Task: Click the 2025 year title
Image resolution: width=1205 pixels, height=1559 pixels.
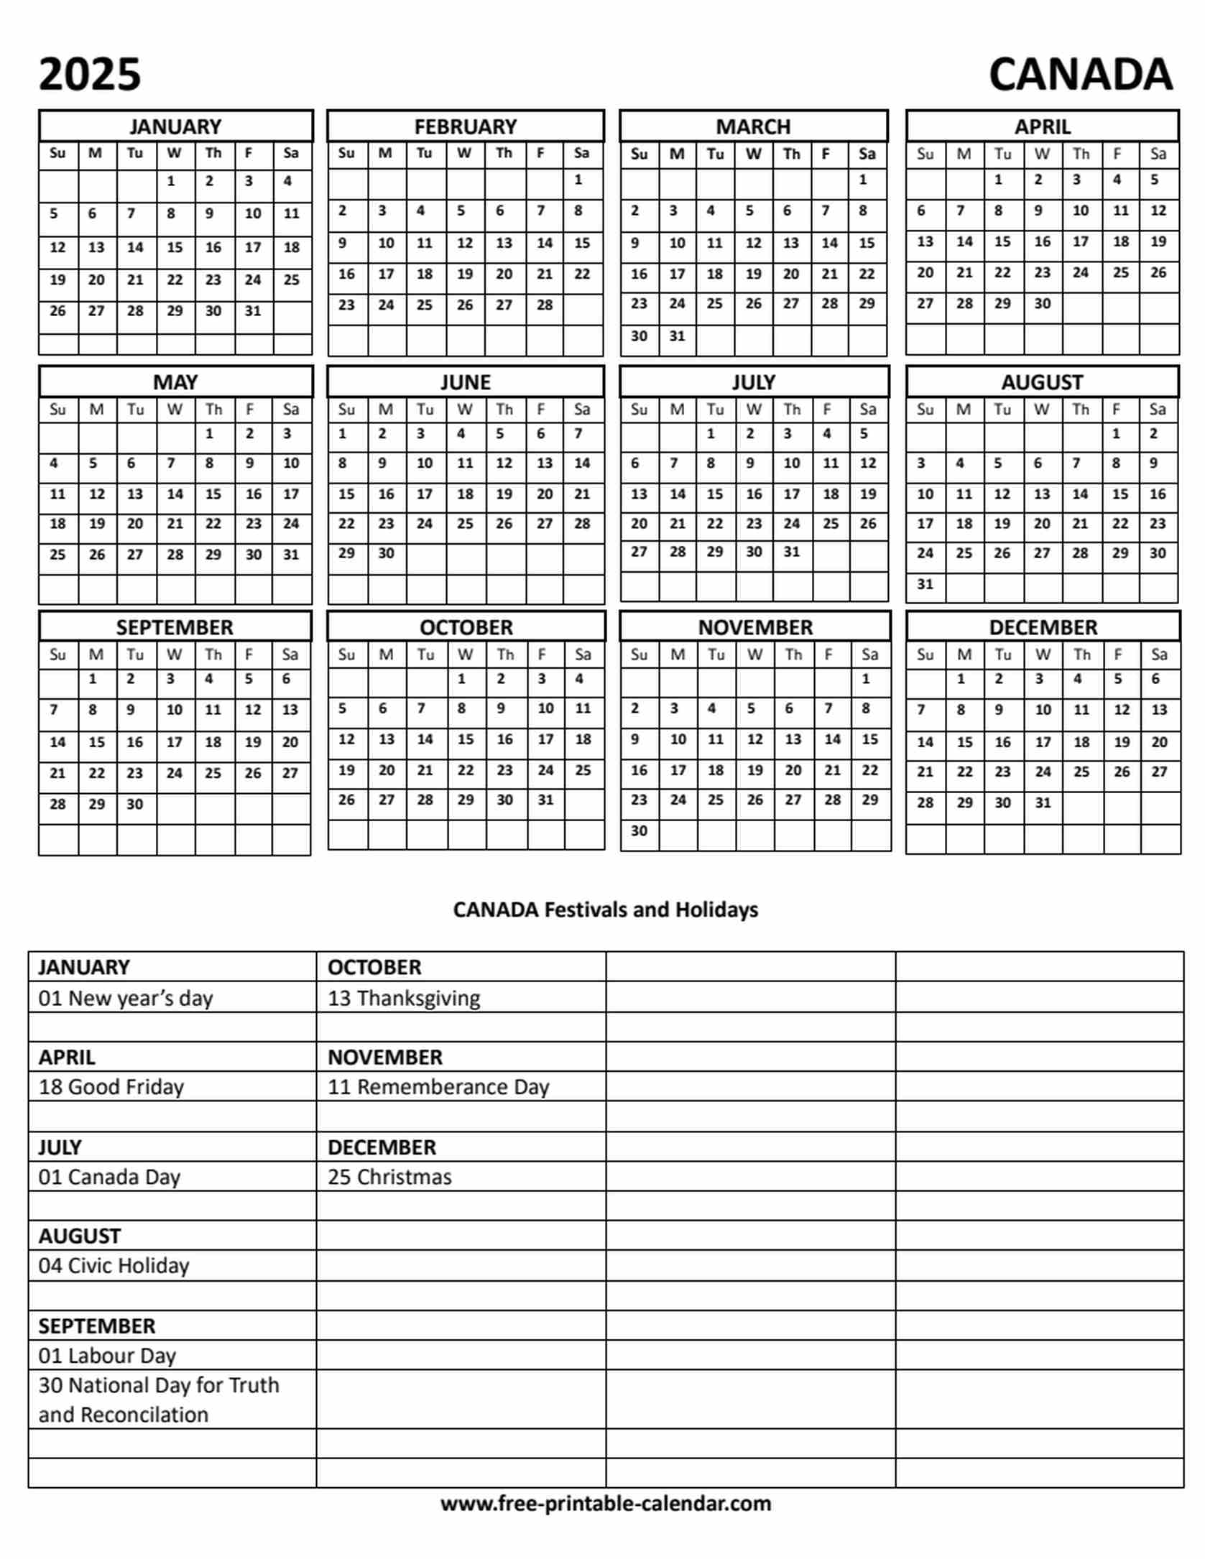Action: [90, 75]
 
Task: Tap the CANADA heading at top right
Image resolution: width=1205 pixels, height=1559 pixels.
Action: [1080, 75]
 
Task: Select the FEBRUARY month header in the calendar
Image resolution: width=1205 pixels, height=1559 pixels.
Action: [465, 126]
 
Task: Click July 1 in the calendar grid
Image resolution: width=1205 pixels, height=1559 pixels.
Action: [711, 433]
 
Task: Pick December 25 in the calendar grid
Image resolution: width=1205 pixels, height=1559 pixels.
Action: [1081, 772]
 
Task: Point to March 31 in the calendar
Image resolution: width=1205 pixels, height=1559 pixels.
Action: [677, 336]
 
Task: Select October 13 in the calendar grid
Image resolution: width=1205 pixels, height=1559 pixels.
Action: [387, 739]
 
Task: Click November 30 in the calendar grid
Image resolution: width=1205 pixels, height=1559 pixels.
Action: [639, 831]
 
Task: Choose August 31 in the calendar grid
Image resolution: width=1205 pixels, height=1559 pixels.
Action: [925, 584]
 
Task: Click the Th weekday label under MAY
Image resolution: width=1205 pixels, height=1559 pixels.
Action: [213, 410]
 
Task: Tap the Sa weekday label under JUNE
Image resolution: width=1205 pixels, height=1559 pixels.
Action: [581, 410]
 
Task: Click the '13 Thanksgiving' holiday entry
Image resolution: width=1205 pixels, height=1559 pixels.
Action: [404, 998]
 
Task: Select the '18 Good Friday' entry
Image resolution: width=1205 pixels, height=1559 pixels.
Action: [111, 1087]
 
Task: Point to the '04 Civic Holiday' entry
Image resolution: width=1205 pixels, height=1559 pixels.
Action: [114, 1265]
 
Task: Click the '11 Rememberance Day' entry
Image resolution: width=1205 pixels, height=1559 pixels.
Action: [438, 1087]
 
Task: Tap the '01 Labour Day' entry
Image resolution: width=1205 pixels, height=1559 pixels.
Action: [107, 1356]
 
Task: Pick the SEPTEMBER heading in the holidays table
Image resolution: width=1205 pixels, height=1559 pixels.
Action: [97, 1326]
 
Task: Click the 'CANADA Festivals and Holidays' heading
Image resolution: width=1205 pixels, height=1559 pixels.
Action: [605, 910]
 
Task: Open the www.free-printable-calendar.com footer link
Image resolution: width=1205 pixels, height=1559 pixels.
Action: [605, 1503]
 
